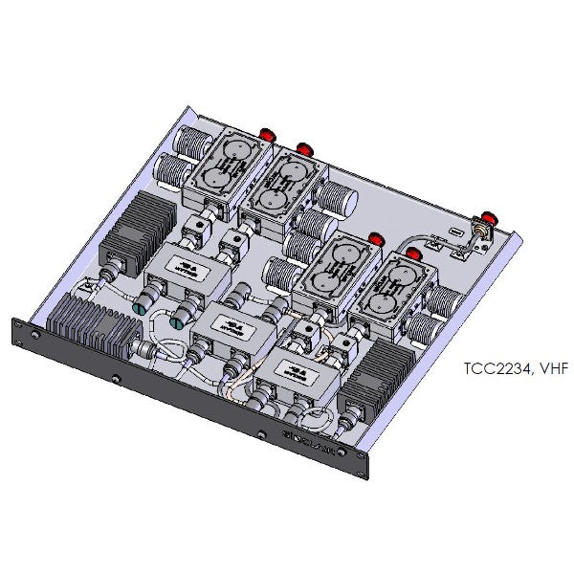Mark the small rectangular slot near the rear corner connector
456,231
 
